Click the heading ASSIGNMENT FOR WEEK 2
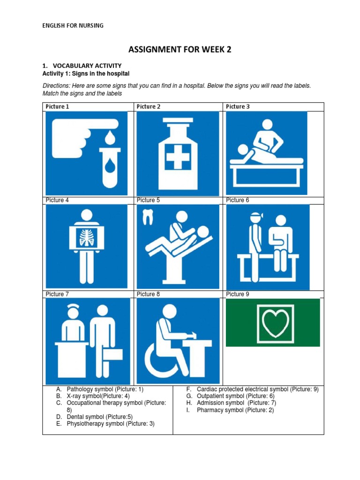[180, 50]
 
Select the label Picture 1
[57, 106]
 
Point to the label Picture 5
[148, 200]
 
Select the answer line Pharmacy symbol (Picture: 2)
[235, 410]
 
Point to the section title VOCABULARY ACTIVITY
[87, 66]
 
